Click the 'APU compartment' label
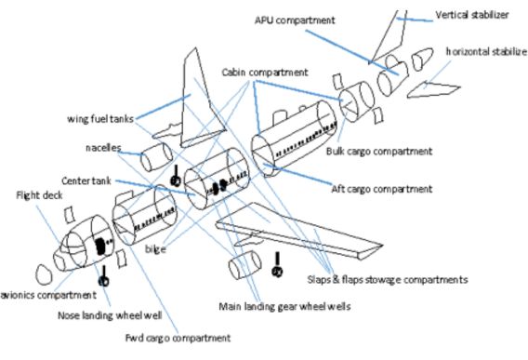point(295,20)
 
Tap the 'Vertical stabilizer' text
point(472,15)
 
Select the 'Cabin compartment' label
point(265,73)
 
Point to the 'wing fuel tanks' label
point(100,119)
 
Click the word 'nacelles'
point(103,148)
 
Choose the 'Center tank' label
point(86,181)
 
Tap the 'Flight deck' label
point(39,195)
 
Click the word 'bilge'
point(155,249)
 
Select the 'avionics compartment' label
point(48,295)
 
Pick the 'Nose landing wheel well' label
point(110,315)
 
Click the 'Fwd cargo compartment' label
point(178,338)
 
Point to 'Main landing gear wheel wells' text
point(284,306)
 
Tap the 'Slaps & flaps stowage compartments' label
point(388,280)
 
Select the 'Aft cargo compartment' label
point(381,189)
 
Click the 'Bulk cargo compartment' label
point(379,152)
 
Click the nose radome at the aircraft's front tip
point(44,274)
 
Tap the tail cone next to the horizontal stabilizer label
point(422,59)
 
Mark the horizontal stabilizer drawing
point(433,89)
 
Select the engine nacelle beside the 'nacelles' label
point(156,156)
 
